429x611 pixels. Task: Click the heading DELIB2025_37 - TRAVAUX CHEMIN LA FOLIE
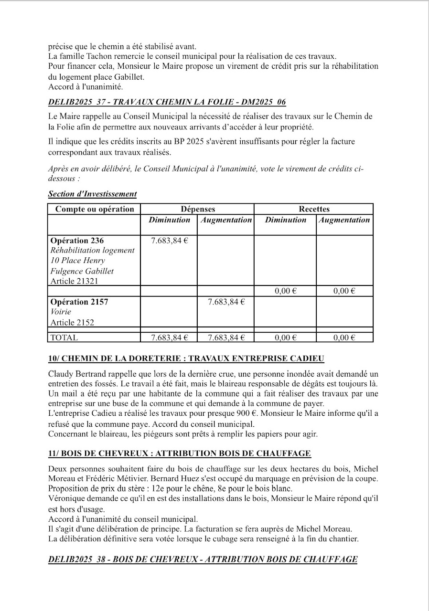point(167,102)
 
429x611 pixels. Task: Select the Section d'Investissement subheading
point(92,194)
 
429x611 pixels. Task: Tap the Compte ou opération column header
point(95,209)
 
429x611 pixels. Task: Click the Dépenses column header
point(197,209)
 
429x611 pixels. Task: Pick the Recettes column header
point(314,209)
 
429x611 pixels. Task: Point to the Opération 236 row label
point(76,241)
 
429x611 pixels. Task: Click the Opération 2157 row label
point(79,302)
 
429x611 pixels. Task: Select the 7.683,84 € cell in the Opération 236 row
point(169,241)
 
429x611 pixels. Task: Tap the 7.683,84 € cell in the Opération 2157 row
point(226,302)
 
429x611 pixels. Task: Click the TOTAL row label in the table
point(64,337)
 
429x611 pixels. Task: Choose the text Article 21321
point(74,281)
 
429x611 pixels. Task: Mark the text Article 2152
point(72,322)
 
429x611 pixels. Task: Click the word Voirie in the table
point(61,312)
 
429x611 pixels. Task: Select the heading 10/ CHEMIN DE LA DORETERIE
point(186,358)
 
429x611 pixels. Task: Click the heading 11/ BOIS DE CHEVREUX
point(180,453)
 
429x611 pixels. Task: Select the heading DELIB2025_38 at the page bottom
point(203,559)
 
